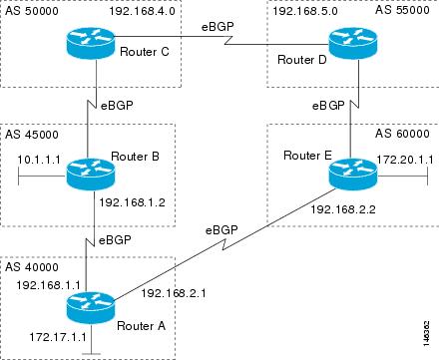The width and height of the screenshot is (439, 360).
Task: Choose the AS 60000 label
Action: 402,133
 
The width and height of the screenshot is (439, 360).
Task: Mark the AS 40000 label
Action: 31,267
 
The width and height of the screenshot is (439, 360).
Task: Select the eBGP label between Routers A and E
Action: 223,229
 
